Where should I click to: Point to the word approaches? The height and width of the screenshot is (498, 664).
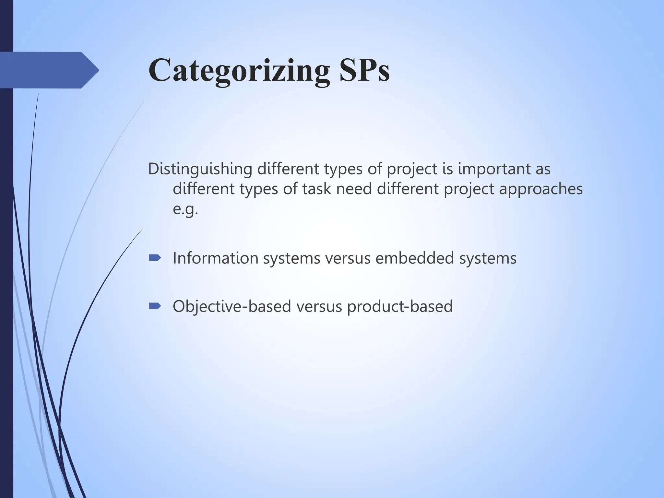coord(540,189)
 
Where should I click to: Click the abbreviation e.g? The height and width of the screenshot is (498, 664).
coord(185,209)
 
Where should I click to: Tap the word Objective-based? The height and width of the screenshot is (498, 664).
coord(232,306)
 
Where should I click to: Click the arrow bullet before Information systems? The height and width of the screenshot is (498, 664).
coord(155,258)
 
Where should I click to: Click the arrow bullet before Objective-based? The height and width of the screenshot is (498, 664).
coord(155,306)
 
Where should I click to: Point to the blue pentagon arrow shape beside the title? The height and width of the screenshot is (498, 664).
coord(49,70)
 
